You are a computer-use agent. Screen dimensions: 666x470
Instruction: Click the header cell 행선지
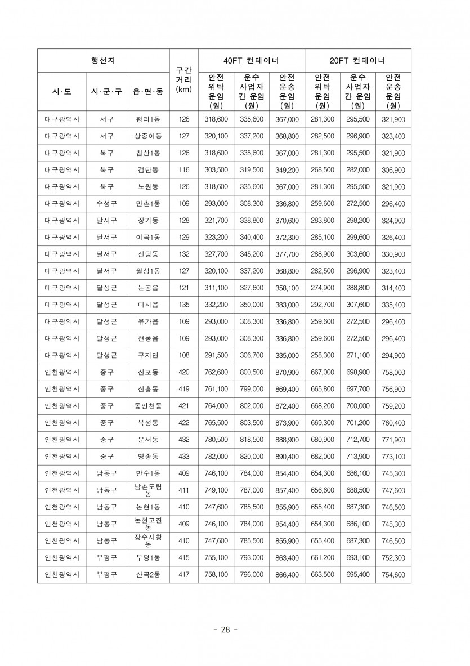coord(103,60)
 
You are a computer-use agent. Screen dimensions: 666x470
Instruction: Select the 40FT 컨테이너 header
coord(251,60)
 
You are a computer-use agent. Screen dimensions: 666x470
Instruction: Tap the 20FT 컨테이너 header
coord(357,60)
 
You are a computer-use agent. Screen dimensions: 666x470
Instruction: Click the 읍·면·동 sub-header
coord(148,91)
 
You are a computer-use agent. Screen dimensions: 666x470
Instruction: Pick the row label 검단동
coord(148,170)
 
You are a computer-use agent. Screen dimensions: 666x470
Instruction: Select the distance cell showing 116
coord(184,170)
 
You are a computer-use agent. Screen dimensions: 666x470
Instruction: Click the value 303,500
coord(216,170)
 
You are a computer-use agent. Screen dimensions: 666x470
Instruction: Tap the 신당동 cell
coord(148,254)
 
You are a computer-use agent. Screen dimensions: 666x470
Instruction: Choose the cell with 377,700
coord(287,254)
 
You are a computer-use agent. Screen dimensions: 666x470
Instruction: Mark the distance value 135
coord(184,305)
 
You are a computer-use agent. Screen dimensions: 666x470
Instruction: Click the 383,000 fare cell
coord(287,305)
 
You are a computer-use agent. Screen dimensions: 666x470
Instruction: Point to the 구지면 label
coord(148,355)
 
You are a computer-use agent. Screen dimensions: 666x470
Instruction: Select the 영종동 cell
coord(148,457)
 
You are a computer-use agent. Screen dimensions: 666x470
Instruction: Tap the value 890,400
coord(287,457)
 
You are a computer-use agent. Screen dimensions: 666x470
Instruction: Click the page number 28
coord(226,629)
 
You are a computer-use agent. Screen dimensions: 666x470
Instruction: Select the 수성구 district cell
coord(106,204)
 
